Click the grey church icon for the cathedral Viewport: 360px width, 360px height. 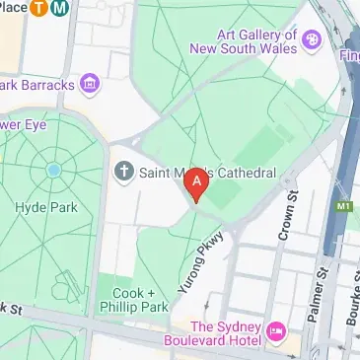(x=123, y=174)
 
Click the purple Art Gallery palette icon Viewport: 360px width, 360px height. (x=312, y=39)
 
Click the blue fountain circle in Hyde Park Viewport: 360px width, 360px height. (x=53, y=170)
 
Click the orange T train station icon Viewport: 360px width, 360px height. (x=41, y=8)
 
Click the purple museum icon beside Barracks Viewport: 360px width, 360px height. (x=91, y=84)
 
